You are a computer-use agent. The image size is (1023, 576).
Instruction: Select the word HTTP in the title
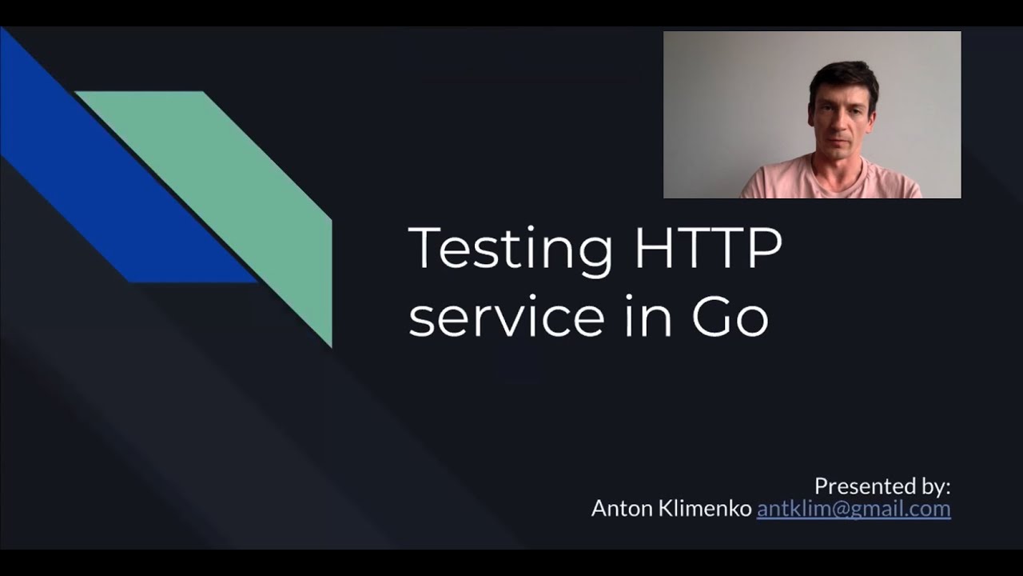coord(708,249)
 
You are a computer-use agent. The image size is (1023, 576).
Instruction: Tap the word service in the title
coord(506,317)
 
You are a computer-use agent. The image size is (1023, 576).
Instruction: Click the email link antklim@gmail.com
coord(854,509)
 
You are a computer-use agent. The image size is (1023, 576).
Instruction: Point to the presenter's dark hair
coord(843,76)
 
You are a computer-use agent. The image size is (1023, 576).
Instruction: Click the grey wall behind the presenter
coord(719,104)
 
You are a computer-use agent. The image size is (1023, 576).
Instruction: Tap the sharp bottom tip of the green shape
coord(329,344)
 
